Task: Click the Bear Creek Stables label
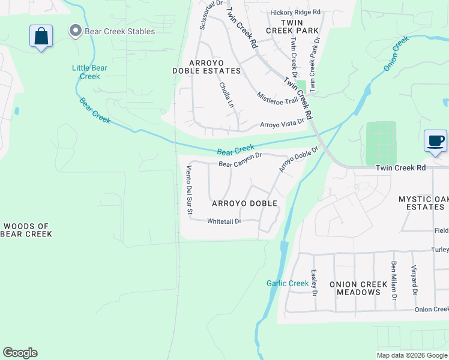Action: pos(120,31)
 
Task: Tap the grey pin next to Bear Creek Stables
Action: pos(76,31)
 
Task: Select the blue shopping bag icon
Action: pos(41,37)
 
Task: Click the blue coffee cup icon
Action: pos(435,142)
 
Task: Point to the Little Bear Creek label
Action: pos(89,72)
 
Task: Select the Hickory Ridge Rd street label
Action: pos(295,12)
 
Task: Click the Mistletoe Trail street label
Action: pos(277,98)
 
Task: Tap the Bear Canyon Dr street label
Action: pos(240,160)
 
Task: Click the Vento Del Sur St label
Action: pos(188,190)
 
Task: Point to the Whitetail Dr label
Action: pos(224,221)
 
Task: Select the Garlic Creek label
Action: pos(288,283)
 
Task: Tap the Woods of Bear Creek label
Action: pos(26,230)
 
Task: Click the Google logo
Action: pos(20,353)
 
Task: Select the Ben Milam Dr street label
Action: pos(394,280)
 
